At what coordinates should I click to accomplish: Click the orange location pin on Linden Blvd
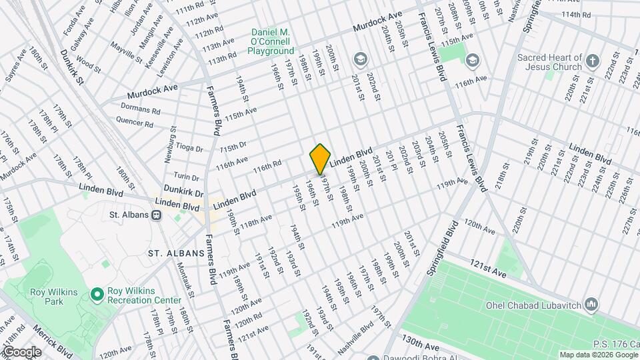tap(321, 159)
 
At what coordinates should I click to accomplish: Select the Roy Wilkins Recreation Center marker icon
tap(97, 293)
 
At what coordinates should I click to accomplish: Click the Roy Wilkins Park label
tap(46, 296)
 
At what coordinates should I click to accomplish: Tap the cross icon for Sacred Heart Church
tap(593, 63)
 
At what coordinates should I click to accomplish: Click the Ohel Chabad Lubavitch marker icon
tap(591, 305)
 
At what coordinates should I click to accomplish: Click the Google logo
tap(21, 352)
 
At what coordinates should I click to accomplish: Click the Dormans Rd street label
tap(141, 108)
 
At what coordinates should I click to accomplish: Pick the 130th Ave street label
tap(421, 346)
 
